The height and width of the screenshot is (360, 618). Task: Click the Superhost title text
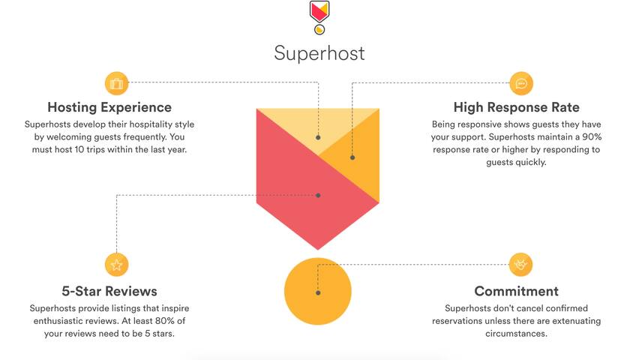pos(319,53)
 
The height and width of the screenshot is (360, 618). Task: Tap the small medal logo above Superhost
pos(319,18)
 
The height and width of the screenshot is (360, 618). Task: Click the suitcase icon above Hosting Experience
pos(117,83)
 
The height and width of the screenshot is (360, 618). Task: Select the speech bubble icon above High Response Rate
pos(521,83)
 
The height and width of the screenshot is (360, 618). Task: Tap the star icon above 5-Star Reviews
pos(117,265)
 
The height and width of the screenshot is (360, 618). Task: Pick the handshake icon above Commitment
pos(520,264)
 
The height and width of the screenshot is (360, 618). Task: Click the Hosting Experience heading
pos(109,107)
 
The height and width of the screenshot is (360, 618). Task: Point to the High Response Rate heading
pos(516,107)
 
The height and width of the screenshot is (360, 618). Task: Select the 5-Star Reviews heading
pos(109,291)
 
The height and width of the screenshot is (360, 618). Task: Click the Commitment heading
pos(516,291)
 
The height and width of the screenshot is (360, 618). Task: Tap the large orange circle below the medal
pos(318,292)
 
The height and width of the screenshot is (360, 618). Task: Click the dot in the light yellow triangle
pos(318,137)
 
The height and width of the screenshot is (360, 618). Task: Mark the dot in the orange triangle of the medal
pos(352,157)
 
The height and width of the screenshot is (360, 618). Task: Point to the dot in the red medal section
pos(318,195)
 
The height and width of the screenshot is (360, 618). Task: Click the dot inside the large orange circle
pos(318,293)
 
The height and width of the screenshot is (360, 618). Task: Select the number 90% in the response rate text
pos(592,136)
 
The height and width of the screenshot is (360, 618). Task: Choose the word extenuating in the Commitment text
pos(577,321)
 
